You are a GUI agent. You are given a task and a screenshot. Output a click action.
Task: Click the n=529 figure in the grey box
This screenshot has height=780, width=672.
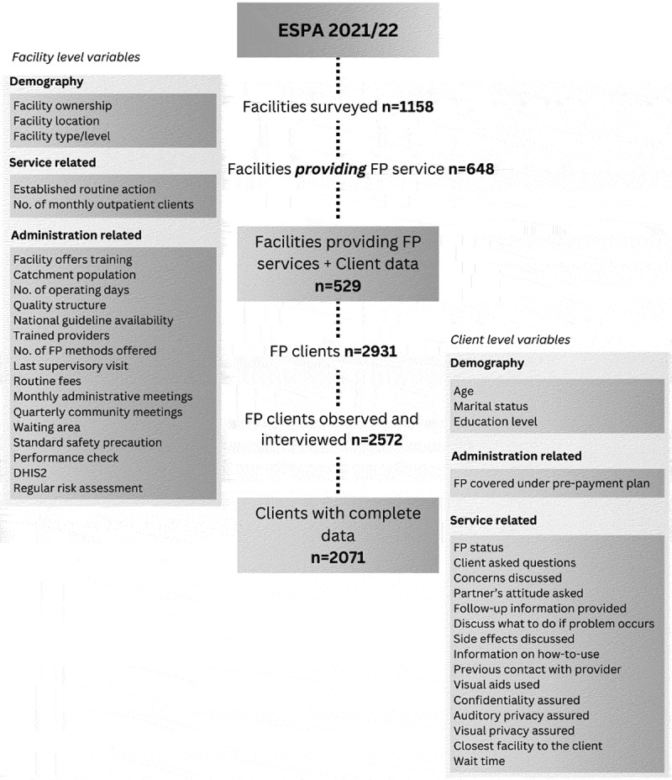(x=338, y=285)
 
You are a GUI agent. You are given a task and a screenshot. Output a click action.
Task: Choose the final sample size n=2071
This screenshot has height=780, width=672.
(x=338, y=556)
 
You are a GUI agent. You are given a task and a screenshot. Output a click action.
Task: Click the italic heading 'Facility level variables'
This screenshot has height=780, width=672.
(x=76, y=57)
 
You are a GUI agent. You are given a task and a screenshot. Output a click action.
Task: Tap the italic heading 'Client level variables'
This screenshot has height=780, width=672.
(x=511, y=340)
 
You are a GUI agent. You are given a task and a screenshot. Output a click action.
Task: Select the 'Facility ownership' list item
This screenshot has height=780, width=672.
(x=62, y=106)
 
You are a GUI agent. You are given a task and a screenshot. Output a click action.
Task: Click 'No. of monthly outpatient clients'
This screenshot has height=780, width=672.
(x=103, y=204)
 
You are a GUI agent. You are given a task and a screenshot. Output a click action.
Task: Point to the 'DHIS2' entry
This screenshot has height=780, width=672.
(x=32, y=472)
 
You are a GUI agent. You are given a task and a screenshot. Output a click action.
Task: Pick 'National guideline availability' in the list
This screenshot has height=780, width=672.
(x=93, y=320)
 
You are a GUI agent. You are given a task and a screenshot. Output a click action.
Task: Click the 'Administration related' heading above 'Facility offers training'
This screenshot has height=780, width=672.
(x=75, y=235)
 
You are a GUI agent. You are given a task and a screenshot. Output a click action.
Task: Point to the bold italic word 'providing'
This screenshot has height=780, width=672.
(x=328, y=169)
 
